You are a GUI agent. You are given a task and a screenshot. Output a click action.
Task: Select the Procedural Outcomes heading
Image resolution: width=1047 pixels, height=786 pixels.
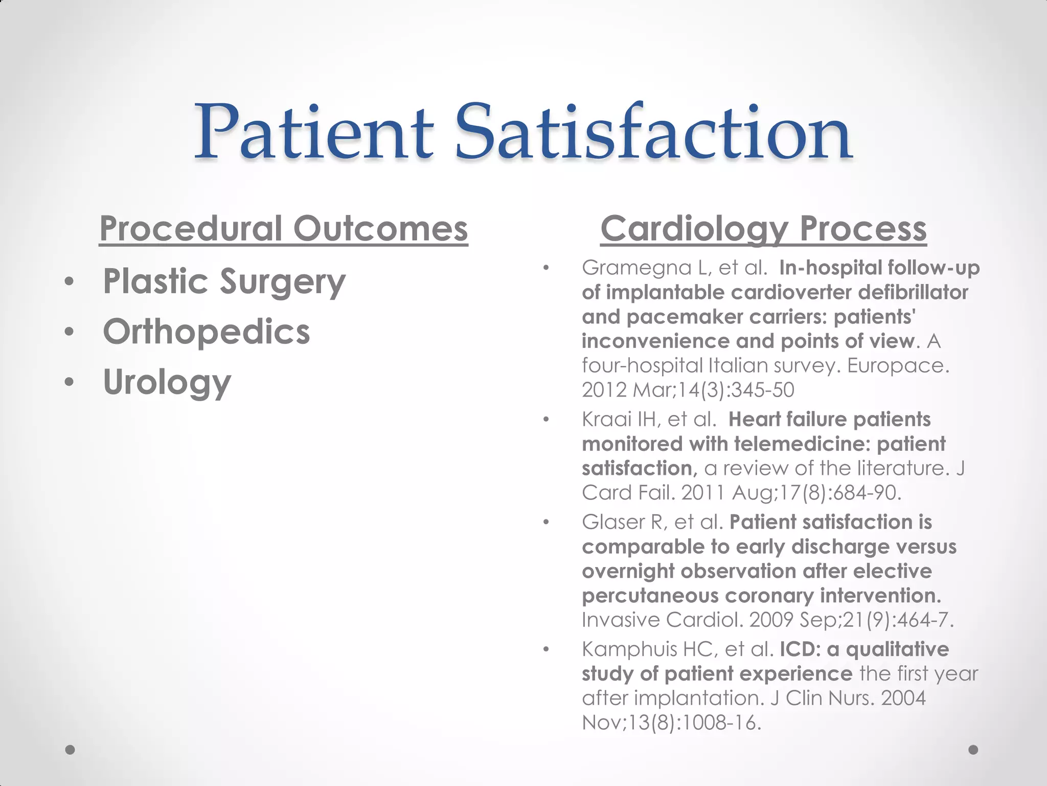(x=283, y=229)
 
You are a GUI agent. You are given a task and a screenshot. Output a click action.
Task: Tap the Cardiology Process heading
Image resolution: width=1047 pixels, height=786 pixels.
(x=763, y=229)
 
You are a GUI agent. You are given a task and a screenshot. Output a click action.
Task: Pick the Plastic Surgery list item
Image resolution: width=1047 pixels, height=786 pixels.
(x=224, y=282)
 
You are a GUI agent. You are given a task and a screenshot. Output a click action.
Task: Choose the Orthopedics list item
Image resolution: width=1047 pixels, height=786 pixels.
(x=207, y=332)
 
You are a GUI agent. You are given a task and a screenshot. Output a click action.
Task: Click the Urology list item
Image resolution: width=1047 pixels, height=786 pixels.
(x=167, y=382)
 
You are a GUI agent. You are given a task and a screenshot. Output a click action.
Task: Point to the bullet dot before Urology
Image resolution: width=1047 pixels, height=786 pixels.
(x=70, y=382)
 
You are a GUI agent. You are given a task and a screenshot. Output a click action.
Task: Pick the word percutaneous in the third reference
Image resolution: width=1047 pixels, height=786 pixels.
(x=649, y=596)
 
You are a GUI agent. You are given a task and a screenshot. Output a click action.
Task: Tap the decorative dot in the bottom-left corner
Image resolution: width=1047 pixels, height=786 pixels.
(x=70, y=750)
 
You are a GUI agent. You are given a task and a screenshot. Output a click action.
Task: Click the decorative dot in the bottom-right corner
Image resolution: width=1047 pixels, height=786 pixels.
(x=973, y=750)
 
